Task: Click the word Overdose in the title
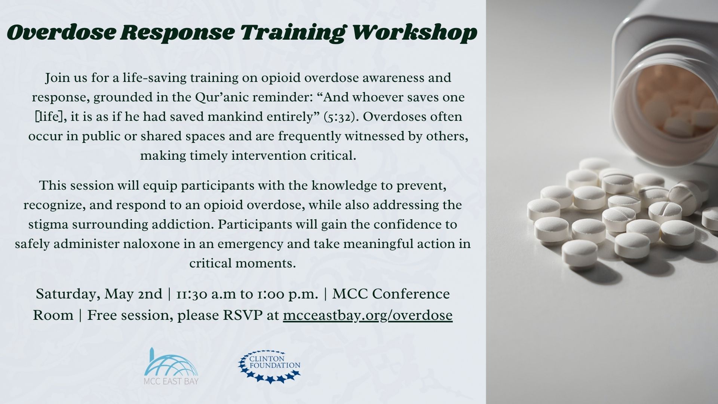coord(61,32)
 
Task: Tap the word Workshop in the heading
coord(415,33)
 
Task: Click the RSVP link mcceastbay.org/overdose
coord(368,315)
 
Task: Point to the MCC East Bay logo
coord(172,366)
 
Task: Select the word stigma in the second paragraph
coord(48,225)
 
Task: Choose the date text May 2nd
coord(134,294)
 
